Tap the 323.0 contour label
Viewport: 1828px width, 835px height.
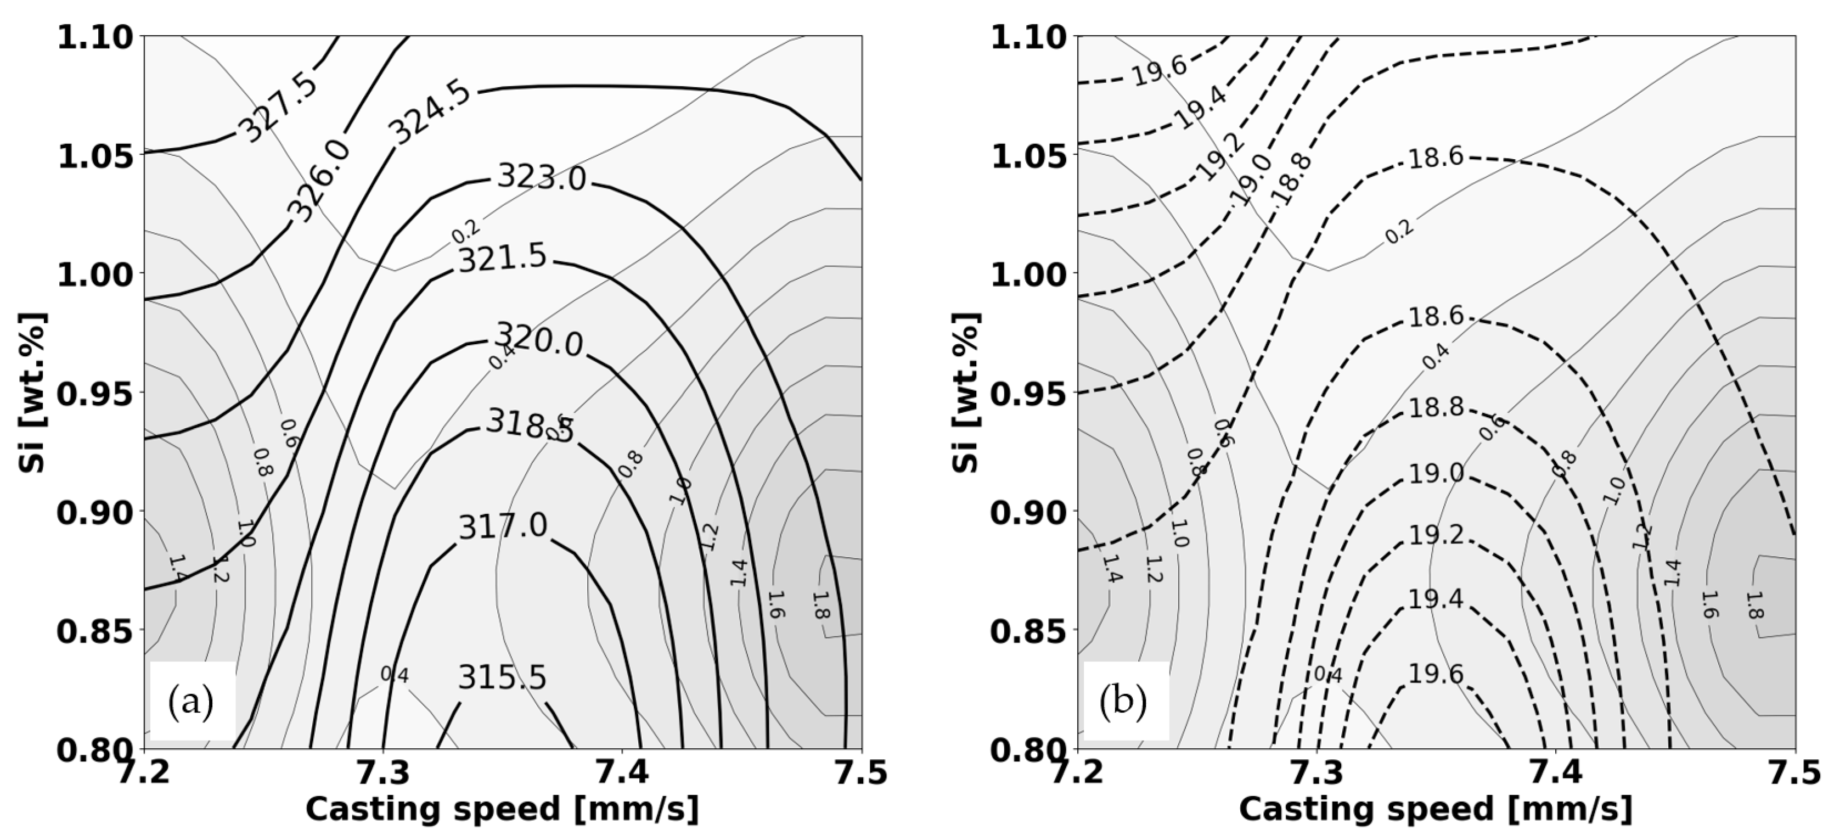point(542,177)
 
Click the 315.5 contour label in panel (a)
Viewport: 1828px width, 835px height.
point(503,678)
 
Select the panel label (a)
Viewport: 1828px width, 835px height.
point(191,702)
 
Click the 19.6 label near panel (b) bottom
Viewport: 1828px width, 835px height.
point(1436,674)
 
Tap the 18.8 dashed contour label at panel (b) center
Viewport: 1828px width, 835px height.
point(1436,407)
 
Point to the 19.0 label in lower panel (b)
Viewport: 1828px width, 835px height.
point(1436,473)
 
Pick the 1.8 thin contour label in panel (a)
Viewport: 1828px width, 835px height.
point(821,605)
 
